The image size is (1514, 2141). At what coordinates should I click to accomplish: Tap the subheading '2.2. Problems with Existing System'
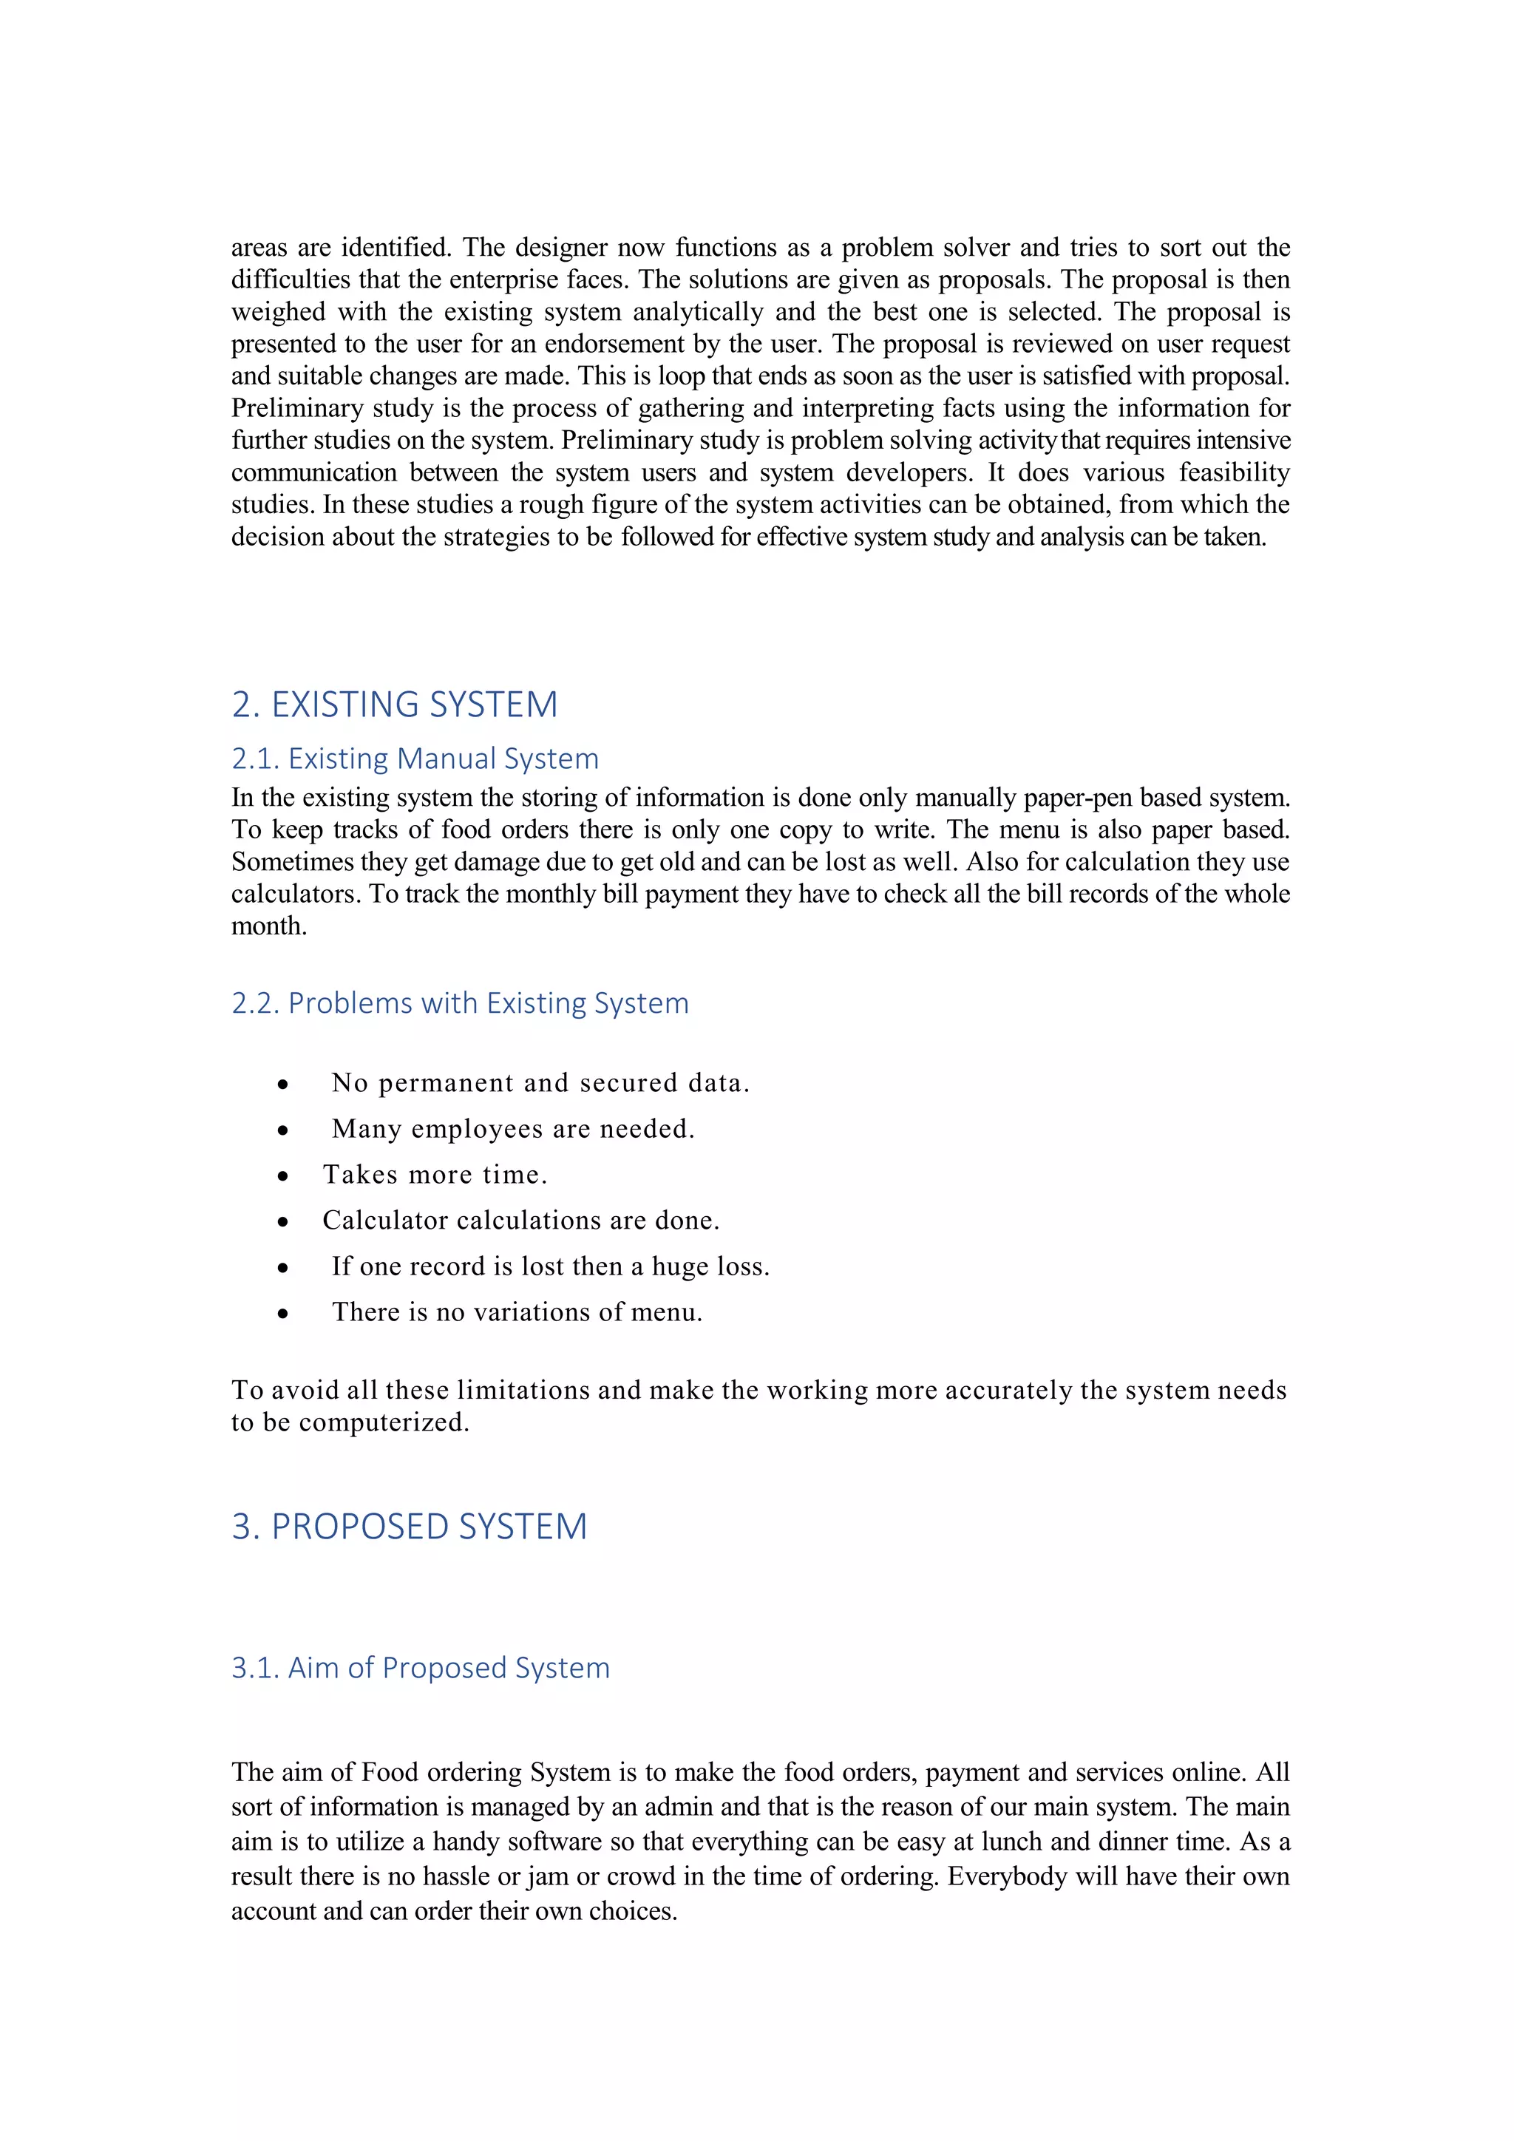click(460, 1003)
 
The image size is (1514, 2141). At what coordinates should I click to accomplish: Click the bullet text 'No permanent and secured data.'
click(540, 1082)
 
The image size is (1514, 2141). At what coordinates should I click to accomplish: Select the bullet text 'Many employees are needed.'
click(513, 1128)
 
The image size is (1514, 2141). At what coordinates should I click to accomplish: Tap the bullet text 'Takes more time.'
click(435, 1174)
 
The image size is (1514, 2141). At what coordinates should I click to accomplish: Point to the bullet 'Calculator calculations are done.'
click(521, 1220)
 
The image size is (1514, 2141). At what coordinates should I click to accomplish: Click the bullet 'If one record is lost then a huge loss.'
click(550, 1266)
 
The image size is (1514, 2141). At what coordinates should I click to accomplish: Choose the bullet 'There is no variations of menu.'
click(517, 1312)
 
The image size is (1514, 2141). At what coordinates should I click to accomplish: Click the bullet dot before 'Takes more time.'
click(282, 1176)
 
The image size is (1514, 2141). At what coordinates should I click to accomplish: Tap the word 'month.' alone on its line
click(268, 926)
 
